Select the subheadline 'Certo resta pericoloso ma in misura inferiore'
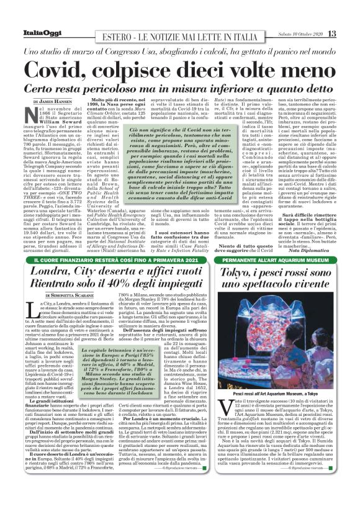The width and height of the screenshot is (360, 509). coord(180,86)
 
